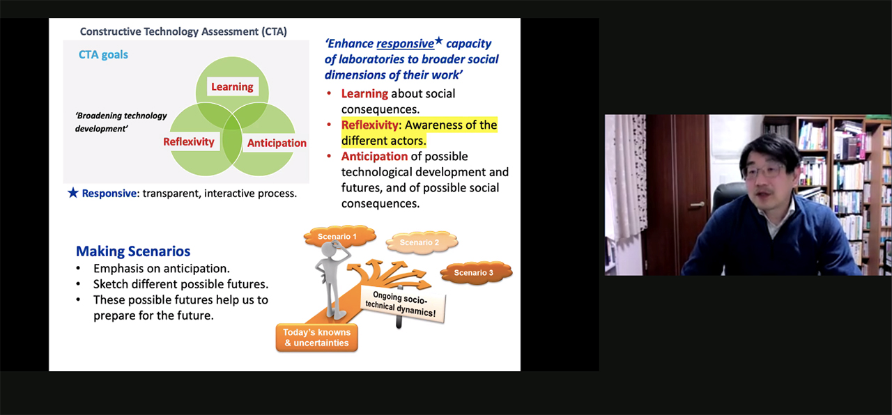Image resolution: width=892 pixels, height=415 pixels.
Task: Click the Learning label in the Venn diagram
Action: [x=232, y=87]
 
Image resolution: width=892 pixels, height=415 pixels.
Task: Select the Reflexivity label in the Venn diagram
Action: [x=189, y=141]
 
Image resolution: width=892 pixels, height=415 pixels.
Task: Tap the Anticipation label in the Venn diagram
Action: [x=277, y=143]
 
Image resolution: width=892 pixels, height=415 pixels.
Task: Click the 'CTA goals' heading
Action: [x=103, y=54]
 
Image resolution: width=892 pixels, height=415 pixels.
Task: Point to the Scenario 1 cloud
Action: [x=339, y=236]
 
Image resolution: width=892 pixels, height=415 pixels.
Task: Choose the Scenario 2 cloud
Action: [x=422, y=242]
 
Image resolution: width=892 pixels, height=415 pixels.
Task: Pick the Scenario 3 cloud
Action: [x=475, y=272]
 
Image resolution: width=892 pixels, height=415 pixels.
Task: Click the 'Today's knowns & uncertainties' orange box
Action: [x=317, y=338]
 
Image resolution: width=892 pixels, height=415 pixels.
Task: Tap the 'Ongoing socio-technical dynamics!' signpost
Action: [x=402, y=304]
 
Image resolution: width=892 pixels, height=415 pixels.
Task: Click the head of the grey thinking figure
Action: [x=330, y=250]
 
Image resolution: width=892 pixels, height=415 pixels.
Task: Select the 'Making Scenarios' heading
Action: [x=133, y=251]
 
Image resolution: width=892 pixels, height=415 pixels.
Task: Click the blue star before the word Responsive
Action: [x=73, y=193]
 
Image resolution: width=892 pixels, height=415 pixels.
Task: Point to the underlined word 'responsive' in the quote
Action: [x=405, y=43]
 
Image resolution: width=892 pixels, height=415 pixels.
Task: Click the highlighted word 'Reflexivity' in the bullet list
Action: [x=369, y=125]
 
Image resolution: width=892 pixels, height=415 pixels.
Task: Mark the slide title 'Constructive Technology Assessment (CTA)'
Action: [x=183, y=31]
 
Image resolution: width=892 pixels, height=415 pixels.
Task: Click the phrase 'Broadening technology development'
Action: [x=121, y=122]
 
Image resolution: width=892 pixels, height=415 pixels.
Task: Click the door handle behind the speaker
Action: [x=697, y=205]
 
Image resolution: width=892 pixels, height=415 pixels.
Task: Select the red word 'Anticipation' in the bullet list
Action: [x=374, y=157]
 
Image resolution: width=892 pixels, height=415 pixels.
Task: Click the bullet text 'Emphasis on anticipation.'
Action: [x=161, y=269]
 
